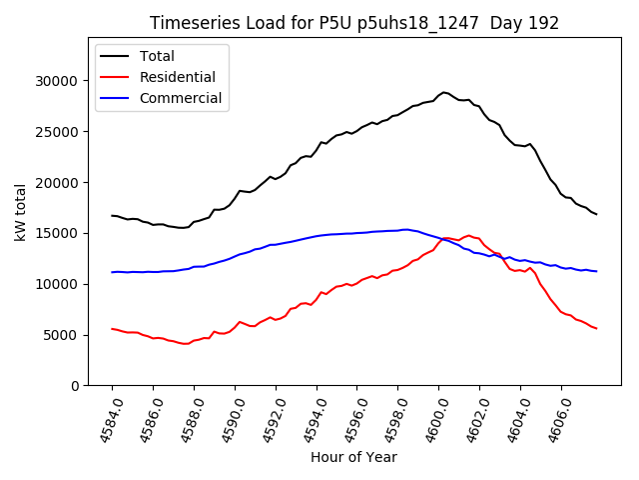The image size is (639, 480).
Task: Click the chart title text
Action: point(354,23)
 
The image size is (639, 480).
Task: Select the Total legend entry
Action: point(157,56)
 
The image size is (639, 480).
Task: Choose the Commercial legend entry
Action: point(181,98)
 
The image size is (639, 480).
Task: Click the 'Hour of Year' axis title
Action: point(353,457)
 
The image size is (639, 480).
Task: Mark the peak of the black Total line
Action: point(443,92)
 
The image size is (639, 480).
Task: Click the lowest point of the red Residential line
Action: point(186,344)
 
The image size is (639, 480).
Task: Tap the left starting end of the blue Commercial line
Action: point(112,272)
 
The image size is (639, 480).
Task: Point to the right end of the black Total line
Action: point(596,214)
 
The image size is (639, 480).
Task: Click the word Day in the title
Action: point(508,23)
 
